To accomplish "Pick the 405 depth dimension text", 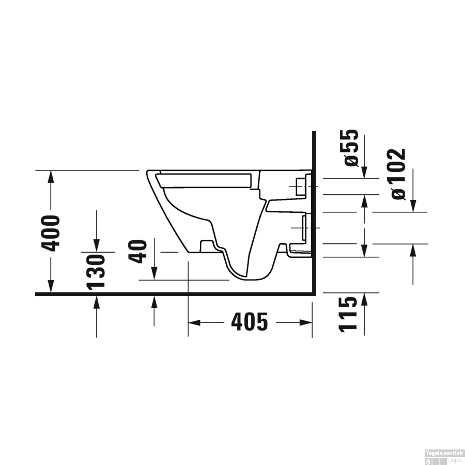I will (249, 322).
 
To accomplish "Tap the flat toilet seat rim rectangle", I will (205, 180).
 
